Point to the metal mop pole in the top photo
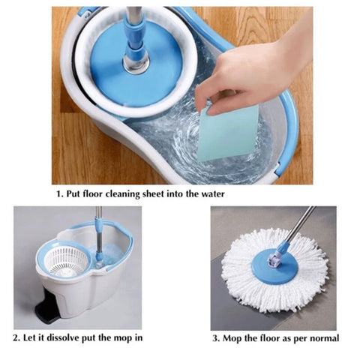click(133, 22)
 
